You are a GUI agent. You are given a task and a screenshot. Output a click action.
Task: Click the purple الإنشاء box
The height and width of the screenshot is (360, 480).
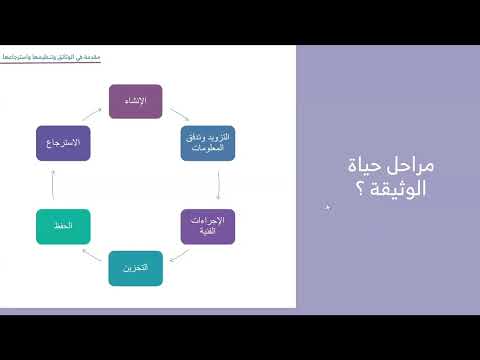pos(136,103)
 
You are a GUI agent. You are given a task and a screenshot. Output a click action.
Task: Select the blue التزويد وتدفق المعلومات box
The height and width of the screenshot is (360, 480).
pos(209,144)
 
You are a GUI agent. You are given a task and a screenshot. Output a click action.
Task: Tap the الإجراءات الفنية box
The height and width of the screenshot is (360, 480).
pos(209,227)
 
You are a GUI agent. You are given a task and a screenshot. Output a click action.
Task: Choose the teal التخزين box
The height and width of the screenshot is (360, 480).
pos(136,268)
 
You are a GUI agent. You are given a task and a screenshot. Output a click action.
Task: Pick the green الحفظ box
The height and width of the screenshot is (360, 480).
pos(62,227)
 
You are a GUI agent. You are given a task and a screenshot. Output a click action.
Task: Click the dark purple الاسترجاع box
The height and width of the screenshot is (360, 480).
pos(62,144)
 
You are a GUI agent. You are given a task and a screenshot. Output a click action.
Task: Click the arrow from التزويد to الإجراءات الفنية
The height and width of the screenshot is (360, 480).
pos(219,185)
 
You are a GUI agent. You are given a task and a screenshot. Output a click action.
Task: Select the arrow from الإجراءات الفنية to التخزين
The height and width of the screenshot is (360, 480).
pos(179,258)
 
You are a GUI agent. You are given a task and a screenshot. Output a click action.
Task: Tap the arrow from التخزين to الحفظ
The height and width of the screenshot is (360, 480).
pos(92,258)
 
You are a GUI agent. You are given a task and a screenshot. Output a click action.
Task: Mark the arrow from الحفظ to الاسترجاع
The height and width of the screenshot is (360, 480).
pos(52,186)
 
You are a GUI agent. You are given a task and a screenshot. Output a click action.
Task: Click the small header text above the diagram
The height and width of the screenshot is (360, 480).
pos(56,59)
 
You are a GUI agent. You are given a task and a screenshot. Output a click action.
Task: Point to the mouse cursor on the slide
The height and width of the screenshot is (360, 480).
pos(328,207)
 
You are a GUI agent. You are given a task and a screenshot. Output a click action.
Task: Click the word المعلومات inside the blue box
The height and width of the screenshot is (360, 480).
pos(209,150)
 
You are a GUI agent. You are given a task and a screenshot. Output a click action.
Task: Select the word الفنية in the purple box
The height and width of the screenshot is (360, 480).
pos(209,233)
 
